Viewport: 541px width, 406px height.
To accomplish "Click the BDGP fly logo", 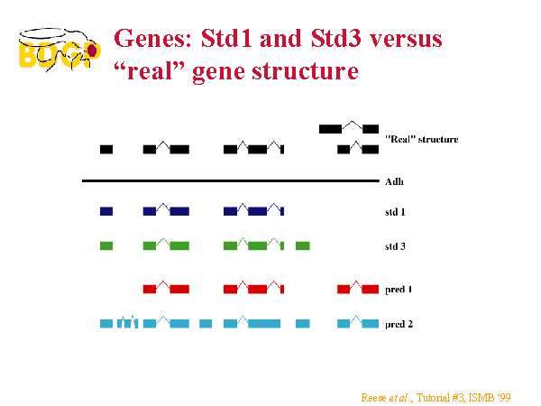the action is click(60, 50).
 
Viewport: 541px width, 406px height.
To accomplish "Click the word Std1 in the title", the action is click(226, 38).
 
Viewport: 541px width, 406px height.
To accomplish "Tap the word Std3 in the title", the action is click(335, 38).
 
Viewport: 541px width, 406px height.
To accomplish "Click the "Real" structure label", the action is click(422, 139).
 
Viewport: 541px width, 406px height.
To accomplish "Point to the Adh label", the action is click(394, 181).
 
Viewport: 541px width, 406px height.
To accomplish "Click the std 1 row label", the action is click(395, 212).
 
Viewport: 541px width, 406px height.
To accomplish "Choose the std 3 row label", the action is click(395, 246).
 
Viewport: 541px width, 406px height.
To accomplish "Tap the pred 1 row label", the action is click(399, 290).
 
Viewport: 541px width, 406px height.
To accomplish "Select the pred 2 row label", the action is click(399, 324).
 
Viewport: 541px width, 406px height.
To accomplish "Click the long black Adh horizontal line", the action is click(231, 180).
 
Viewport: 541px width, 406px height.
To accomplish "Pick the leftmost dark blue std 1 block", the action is click(106, 211).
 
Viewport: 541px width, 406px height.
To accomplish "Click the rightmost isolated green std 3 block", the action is click(303, 245).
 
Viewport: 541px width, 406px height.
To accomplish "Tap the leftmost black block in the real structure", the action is click(106, 149).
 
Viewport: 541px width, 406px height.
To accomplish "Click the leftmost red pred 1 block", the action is click(150, 289).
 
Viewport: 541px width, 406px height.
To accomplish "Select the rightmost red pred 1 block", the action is click(371, 289).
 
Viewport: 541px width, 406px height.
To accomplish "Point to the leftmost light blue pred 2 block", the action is click(106, 324).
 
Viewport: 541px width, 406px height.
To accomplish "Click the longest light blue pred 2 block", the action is click(264, 324).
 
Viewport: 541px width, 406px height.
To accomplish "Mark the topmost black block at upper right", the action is click(331, 129).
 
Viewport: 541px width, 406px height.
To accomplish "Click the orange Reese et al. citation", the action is click(436, 398).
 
